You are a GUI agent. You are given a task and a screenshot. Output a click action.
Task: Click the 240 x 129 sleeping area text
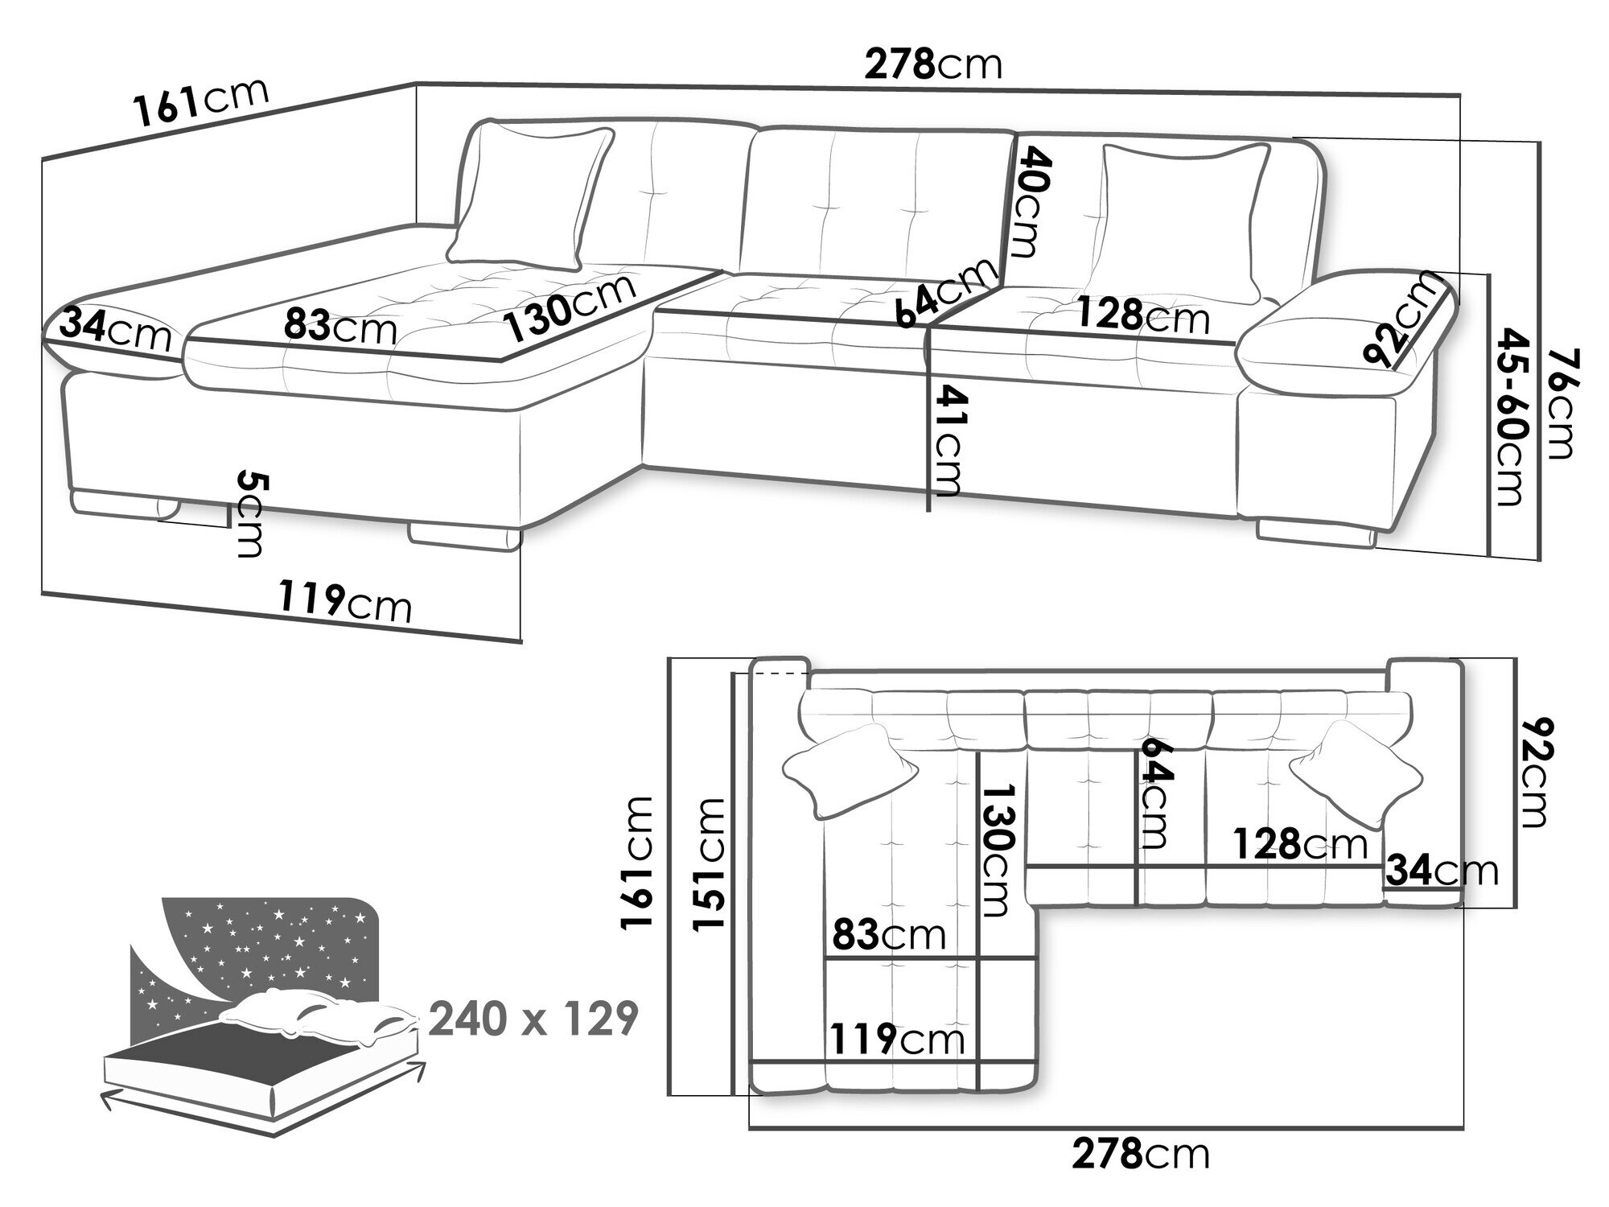[x=533, y=1020]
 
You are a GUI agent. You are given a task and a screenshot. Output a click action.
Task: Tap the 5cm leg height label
[x=250, y=515]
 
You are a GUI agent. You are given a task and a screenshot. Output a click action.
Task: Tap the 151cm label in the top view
[x=710, y=863]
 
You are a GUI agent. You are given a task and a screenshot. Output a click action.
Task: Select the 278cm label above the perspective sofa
[x=933, y=64]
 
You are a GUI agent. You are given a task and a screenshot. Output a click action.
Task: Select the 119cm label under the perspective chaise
[x=346, y=601]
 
